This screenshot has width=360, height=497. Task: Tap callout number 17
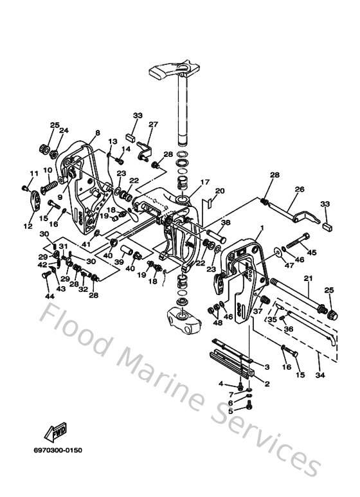click(x=205, y=182)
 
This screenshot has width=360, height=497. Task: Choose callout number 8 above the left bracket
click(x=98, y=133)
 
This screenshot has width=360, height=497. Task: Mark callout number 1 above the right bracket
click(x=262, y=229)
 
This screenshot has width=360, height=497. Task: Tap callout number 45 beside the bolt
click(x=312, y=252)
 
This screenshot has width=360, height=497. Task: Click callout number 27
click(x=153, y=124)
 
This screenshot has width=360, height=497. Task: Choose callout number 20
click(x=219, y=191)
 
